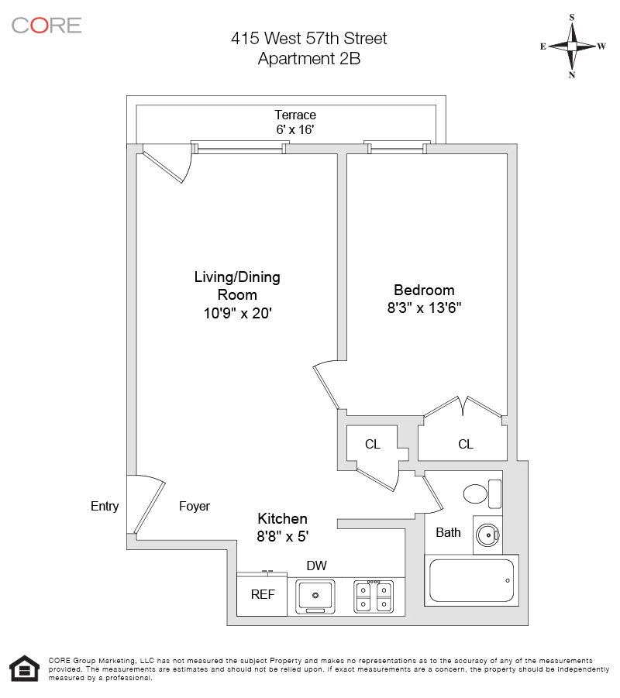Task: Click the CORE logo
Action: [x=46, y=25]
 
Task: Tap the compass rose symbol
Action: [x=572, y=46]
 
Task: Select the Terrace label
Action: [x=295, y=115]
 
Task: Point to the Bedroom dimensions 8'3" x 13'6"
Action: [x=429, y=307]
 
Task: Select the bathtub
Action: [x=471, y=580]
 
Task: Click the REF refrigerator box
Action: [x=261, y=595]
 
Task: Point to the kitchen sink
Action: [x=315, y=595]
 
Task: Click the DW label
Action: [x=315, y=566]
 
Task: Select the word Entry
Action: [x=105, y=507]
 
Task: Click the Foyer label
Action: [x=195, y=507]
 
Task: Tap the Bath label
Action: [x=448, y=532]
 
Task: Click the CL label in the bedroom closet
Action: [x=465, y=444]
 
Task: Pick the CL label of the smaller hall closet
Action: [x=373, y=444]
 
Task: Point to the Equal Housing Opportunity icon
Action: [x=24, y=669]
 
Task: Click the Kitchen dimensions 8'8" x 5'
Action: [x=283, y=535]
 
